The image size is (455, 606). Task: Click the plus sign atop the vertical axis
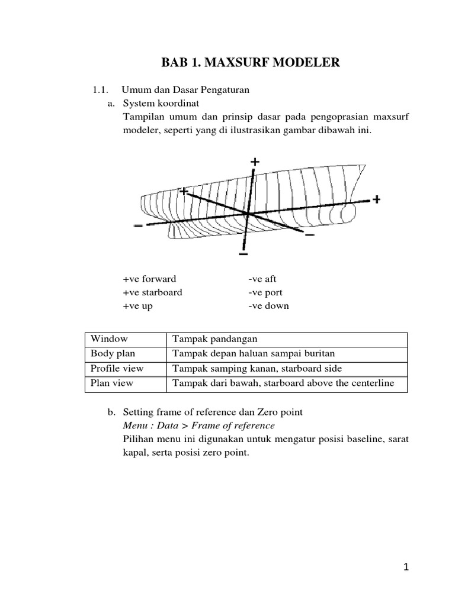tap(255, 162)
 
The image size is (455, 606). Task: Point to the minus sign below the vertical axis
tap(243, 254)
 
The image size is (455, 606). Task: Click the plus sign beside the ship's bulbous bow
tap(376, 199)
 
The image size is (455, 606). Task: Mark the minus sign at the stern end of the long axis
tap(138, 225)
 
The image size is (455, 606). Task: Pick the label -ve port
tap(265, 292)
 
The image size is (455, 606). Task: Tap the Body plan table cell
tap(113, 354)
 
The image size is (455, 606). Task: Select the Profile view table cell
tap(117, 369)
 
